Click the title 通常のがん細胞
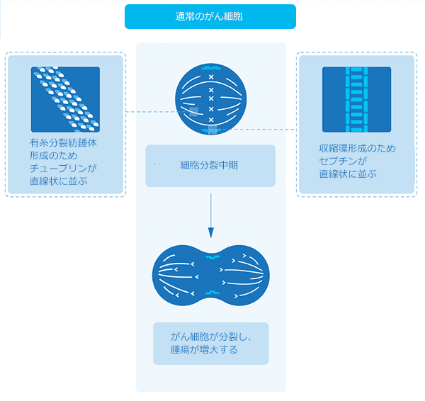point(210,16)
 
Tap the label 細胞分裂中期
point(210,166)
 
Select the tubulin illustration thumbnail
point(65,99)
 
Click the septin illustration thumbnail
point(356,100)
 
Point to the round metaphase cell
point(210,98)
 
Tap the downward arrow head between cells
point(210,232)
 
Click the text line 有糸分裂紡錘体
point(59,142)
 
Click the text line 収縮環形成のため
point(357,149)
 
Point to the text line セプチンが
point(341,162)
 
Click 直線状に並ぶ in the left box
point(58,181)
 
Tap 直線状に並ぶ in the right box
point(347,174)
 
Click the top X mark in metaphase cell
point(210,77)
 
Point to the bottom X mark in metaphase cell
point(210,120)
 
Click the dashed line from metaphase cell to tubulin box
point(150,112)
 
